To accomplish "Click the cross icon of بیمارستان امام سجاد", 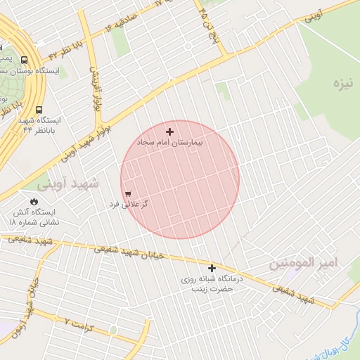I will tap(169, 131).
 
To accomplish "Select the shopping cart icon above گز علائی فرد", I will tap(128, 194).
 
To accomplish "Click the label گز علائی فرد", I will tap(128, 204).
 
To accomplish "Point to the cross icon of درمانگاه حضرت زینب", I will tap(212, 268).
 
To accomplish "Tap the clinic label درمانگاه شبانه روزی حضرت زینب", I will tap(212, 283).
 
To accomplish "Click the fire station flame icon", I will tap(34, 201).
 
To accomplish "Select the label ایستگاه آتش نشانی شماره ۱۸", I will tap(34, 217).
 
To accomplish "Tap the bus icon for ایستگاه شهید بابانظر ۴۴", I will tap(38, 110).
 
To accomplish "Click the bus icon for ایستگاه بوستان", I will tap(25, 60).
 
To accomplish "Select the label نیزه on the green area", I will tap(342, 85).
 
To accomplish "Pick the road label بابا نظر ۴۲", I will tap(67, 49).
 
